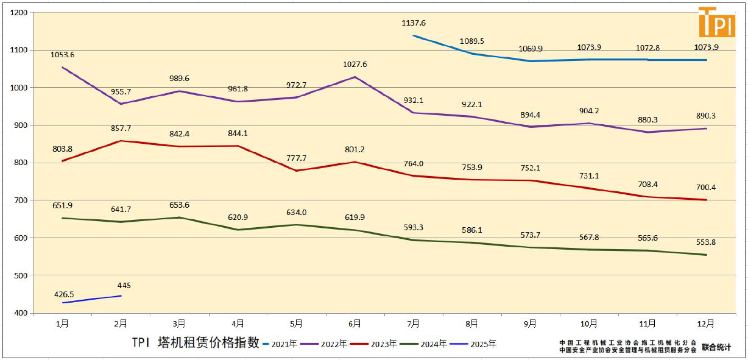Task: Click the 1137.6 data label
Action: click(x=414, y=23)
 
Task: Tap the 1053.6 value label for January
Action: click(x=62, y=54)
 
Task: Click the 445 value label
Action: click(x=124, y=285)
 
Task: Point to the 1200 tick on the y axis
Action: click(x=20, y=12)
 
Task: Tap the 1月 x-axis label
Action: click(x=62, y=323)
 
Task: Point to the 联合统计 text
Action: click(x=716, y=347)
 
